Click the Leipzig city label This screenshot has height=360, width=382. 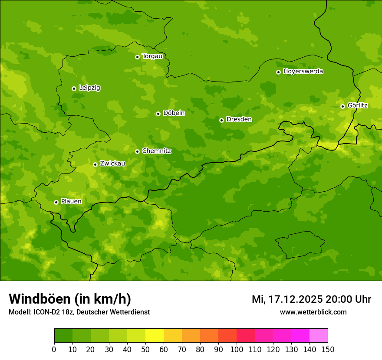pyautogui.click(x=89, y=88)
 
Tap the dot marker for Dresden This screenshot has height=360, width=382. pyautogui.click(x=221, y=120)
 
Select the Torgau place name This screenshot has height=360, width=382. pyautogui.click(x=152, y=56)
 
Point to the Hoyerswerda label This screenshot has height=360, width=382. pyautogui.click(x=303, y=72)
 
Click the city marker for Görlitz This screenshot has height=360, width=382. pyautogui.click(x=342, y=106)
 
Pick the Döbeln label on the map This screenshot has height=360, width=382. pyautogui.click(x=174, y=113)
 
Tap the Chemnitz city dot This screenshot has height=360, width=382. pyautogui.click(x=137, y=151)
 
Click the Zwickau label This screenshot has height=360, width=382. pyautogui.click(x=112, y=164)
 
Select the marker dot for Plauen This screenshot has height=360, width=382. pyautogui.click(x=56, y=202)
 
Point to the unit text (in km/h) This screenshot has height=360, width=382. pyautogui.click(x=103, y=299)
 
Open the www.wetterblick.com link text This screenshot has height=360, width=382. pyautogui.click(x=313, y=312)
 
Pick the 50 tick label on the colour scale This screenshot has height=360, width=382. pyautogui.click(x=145, y=349)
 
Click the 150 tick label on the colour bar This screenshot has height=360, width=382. pyautogui.click(x=328, y=349)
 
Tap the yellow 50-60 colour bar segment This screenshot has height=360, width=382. pyautogui.click(x=155, y=336)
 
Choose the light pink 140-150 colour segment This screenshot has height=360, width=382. pyautogui.click(x=319, y=336)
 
